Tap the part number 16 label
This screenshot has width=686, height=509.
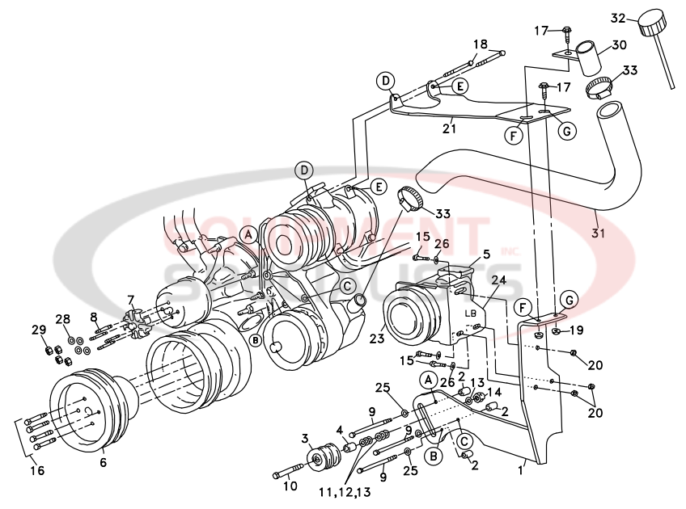pos(37,470)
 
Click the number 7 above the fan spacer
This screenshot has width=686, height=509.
pos(130,300)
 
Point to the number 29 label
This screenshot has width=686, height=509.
pos(37,330)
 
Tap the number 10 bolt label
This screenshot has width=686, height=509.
pos(290,486)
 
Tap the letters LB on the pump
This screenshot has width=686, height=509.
pos(471,313)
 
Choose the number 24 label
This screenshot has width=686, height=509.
pos(498,281)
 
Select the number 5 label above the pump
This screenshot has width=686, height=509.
pos(487,254)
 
